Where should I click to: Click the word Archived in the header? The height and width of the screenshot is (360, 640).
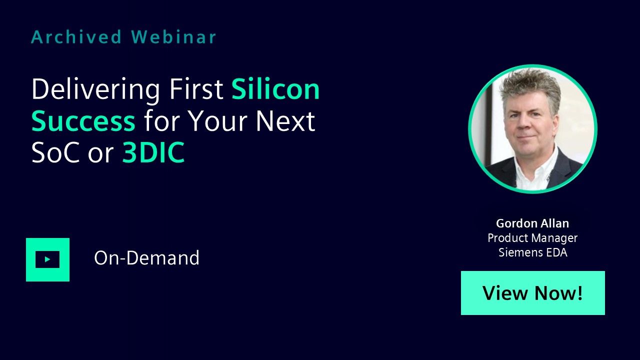coord(76,37)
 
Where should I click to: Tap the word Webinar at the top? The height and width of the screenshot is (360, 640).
coord(173,37)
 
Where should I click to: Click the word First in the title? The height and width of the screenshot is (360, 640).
coord(196,89)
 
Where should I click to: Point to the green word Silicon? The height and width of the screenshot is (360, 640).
coord(275,89)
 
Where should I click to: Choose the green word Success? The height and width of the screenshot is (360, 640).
coord(83,121)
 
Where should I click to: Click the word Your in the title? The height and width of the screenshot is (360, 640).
coord(217,121)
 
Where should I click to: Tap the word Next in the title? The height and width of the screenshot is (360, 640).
coord(285,121)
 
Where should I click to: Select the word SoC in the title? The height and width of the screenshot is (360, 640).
coord(55,152)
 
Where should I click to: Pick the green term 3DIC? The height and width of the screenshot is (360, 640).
coord(153,152)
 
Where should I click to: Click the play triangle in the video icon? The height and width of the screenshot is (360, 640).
coord(47,259)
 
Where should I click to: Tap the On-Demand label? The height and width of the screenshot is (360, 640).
coord(146,257)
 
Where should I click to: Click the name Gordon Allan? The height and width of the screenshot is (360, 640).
coord(532,223)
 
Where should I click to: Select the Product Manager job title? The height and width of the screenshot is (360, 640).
coord(532,238)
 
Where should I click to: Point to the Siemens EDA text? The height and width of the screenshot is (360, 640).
coord(533,252)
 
